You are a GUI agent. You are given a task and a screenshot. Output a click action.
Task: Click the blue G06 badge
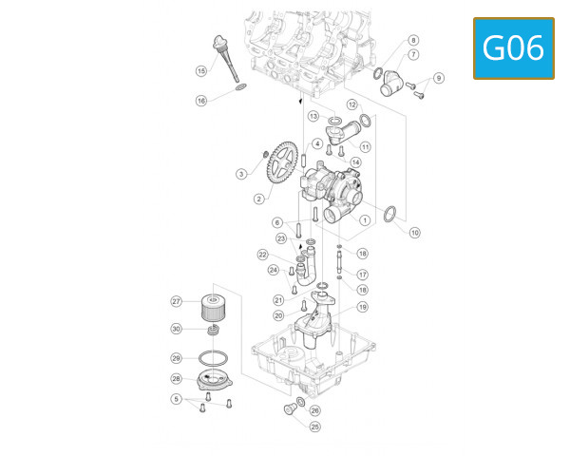513,47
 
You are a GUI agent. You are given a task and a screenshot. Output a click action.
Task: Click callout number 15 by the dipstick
201,71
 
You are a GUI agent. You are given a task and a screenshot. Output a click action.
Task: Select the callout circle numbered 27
176,301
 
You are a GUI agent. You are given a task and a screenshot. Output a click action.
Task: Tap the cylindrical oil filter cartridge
216,307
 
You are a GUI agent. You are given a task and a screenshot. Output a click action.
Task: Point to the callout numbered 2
257,199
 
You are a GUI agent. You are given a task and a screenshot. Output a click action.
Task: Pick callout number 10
414,232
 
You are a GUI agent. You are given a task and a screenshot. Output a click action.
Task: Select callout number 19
362,307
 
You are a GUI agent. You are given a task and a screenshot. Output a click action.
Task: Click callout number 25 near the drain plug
314,427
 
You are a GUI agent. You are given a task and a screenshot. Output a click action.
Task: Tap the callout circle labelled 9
438,78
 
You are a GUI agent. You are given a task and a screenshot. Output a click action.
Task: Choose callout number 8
413,41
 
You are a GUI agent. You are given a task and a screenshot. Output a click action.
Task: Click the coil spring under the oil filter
216,332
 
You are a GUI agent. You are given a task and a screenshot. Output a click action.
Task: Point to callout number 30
176,329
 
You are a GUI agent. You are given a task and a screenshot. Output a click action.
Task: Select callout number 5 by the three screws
176,400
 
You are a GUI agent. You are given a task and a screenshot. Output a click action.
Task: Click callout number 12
351,104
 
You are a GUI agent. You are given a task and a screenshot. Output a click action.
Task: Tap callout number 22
262,254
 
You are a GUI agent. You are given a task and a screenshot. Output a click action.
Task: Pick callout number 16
201,101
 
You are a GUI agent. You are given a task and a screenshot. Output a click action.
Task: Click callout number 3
241,174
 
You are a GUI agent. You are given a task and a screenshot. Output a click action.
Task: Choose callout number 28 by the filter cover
176,377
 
